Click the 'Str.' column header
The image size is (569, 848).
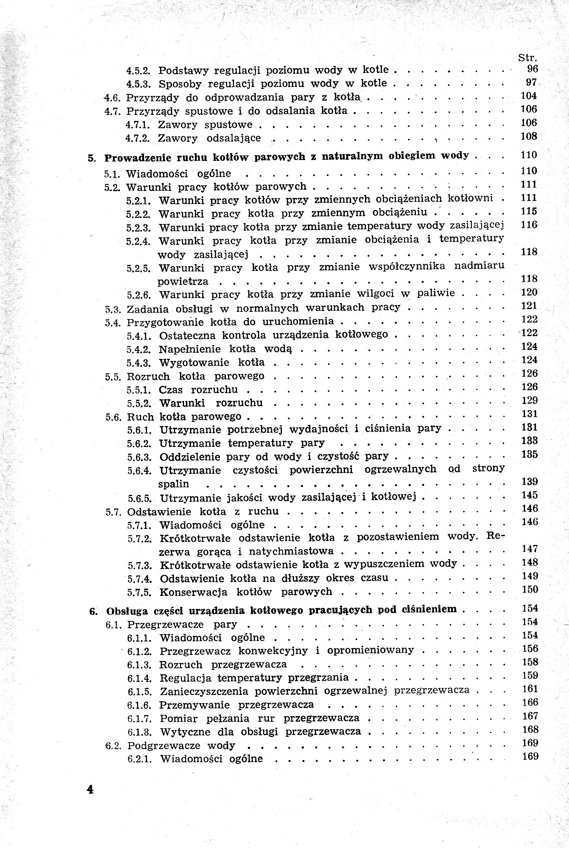(x=527, y=58)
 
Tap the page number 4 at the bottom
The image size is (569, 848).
(x=90, y=790)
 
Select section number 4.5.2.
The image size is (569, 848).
(x=138, y=70)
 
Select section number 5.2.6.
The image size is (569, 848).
(x=139, y=295)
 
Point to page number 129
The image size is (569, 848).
(x=530, y=400)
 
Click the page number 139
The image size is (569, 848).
(x=530, y=482)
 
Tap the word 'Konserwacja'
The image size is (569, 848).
(x=193, y=592)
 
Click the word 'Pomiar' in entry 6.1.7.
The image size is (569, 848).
(x=179, y=719)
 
